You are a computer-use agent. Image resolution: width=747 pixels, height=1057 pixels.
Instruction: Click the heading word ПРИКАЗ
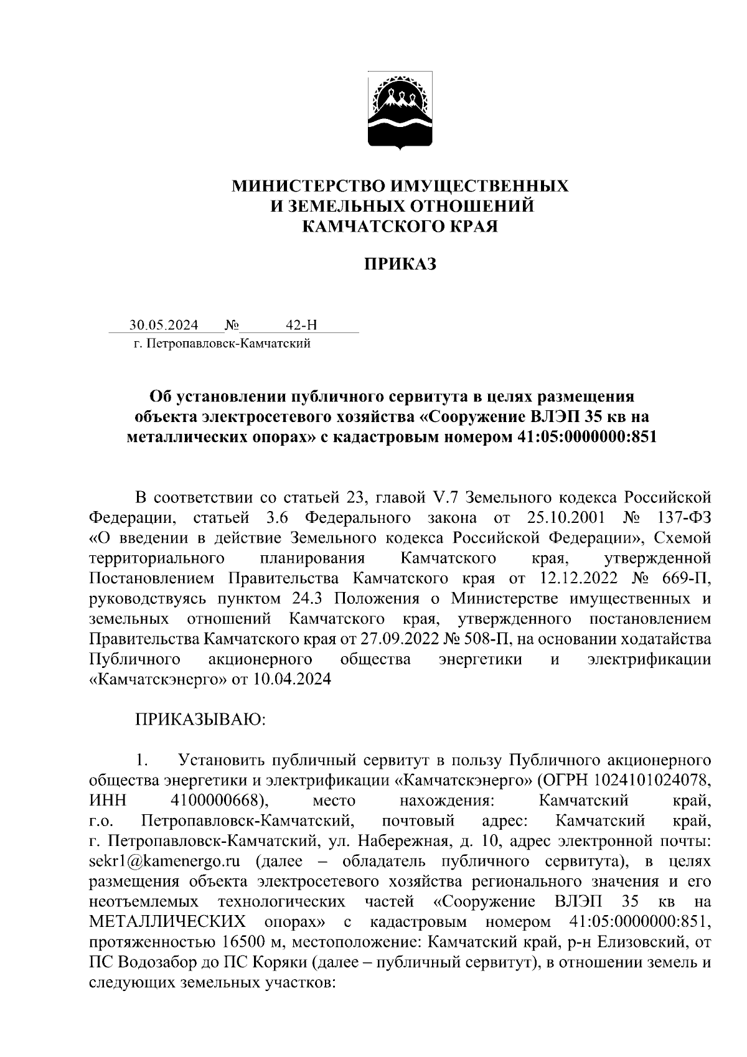(x=400, y=264)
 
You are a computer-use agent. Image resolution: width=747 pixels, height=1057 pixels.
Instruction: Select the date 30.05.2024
(x=164, y=325)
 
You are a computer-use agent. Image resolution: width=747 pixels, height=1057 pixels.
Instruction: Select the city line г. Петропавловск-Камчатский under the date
(x=222, y=343)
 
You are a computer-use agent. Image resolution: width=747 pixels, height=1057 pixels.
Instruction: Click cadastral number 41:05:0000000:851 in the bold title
(x=587, y=436)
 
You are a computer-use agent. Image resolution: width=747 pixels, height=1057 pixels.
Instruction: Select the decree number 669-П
(x=685, y=578)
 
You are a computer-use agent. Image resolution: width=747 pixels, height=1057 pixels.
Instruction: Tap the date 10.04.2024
(x=291, y=679)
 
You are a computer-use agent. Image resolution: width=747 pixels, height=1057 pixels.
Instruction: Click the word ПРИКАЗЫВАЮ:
(x=200, y=720)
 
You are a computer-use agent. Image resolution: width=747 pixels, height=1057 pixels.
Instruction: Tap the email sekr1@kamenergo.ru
(x=165, y=861)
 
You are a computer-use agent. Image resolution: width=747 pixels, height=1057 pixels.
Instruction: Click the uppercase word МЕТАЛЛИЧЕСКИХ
(x=167, y=921)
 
